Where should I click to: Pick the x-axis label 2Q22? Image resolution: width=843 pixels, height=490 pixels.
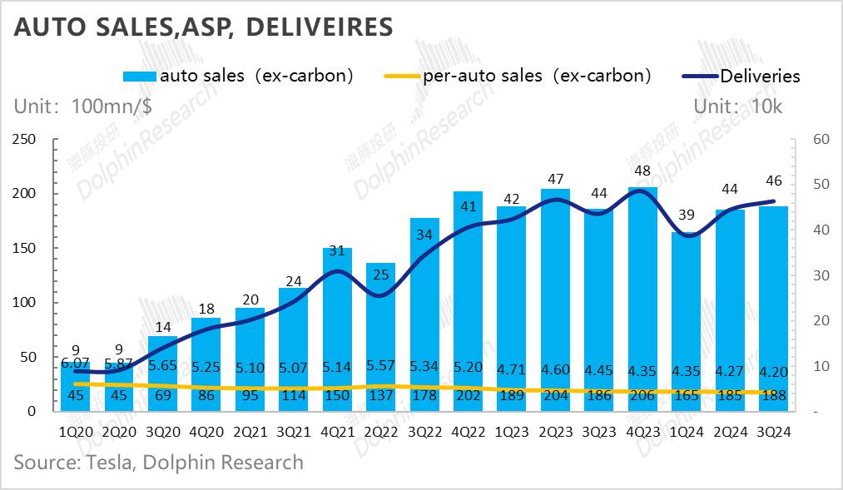[380, 432]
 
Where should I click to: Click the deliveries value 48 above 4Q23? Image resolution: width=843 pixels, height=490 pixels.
[642, 171]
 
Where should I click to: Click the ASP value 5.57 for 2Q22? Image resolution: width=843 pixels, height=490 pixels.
[380, 366]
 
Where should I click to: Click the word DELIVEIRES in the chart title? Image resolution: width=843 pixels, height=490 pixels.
[320, 27]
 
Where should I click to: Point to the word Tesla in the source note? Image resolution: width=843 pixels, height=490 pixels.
[109, 462]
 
